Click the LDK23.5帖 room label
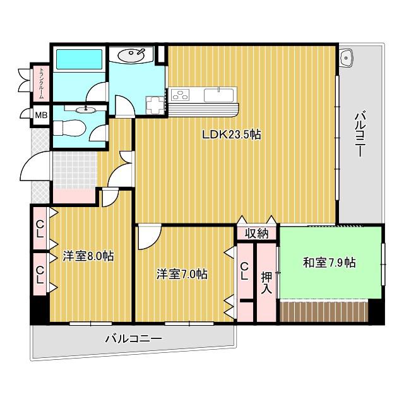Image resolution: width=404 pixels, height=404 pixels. click(231, 134)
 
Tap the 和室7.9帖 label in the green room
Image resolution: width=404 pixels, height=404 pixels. click(329, 263)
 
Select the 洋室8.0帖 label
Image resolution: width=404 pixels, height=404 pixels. click(88, 256)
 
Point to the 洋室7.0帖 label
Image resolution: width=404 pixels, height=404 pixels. click(182, 275)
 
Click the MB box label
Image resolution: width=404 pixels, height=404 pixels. click(41, 115)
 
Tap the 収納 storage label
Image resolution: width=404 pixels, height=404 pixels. click(257, 234)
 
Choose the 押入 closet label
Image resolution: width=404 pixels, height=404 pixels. click(266, 283)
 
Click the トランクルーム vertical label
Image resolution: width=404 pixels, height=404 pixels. click(42, 83)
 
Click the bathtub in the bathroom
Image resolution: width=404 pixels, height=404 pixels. click(79, 59)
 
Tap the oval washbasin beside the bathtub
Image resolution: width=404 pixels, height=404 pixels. click(131, 54)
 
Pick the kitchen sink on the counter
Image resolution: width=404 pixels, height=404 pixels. click(219, 95)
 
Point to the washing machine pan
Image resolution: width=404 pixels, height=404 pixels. click(155, 105)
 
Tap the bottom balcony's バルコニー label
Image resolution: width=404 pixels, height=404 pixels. click(133, 338)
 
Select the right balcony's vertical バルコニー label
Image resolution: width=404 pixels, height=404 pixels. click(360, 134)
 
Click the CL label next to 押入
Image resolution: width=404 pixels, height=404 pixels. click(244, 271)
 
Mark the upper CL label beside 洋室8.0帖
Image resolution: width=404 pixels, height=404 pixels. click(40, 230)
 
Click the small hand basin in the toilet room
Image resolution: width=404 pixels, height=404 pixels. click(86, 110)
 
